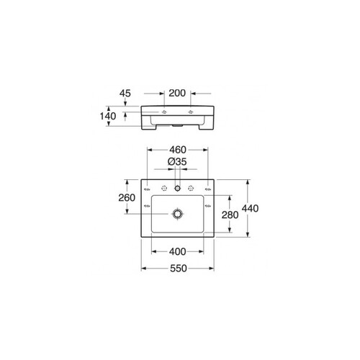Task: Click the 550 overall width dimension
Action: pyautogui.click(x=179, y=269)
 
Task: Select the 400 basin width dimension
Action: pyautogui.click(x=177, y=251)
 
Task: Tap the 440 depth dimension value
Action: pyautogui.click(x=250, y=208)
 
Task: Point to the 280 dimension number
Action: pyautogui.click(x=230, y=215)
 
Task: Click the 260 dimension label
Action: pyautogui.click(x=127, y=197)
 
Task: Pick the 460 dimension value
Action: pyautogui.click(x=178, y=150)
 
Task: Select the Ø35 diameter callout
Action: pyautogui.click(x=177, y=162)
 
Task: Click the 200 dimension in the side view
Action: pyautogui.click(x=177, y=93)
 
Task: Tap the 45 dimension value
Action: pyautogui.click(x=125, y=94)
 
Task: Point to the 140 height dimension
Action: pyautogui.click(x=108, y=116)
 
